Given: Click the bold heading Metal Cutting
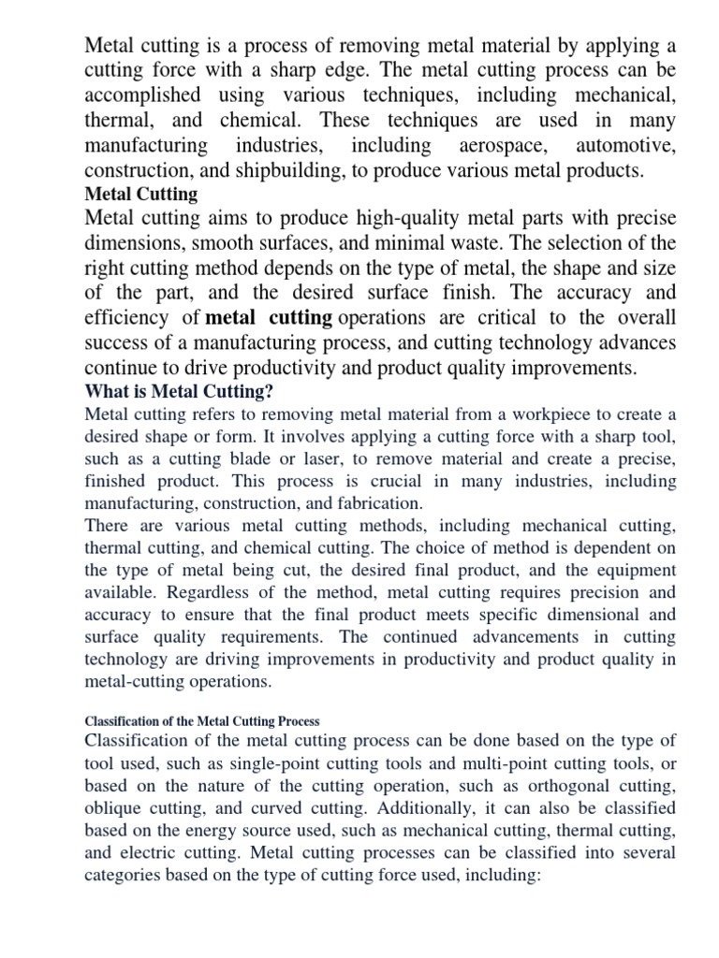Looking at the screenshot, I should point(141,195).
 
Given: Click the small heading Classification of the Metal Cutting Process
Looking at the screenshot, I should point(202,721).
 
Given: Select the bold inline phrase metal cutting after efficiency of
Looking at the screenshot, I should point(269,317).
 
